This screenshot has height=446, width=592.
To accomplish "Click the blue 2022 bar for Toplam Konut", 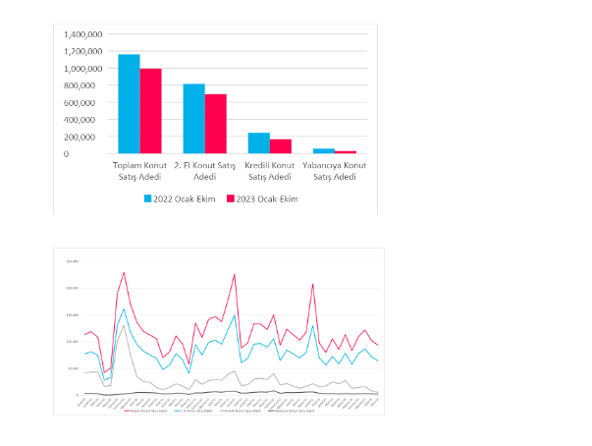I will (x=129, y=104).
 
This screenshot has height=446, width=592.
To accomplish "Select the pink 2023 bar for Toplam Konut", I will (x=150, y=111).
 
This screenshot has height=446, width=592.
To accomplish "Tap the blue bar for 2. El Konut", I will (x=193, y=119).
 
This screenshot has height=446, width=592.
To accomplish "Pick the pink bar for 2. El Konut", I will (x=215, y=124).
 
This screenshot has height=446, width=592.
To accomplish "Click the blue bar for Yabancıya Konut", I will (x=323, y=151).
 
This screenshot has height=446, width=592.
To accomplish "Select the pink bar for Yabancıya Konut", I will (x=345, y=152).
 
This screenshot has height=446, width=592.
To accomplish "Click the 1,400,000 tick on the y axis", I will (x=81, y=35).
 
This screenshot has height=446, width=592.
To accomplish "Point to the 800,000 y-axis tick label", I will (x=84, y=86).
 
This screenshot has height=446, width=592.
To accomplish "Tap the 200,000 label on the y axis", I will (x=84, y=137).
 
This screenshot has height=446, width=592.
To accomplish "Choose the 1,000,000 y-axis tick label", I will (x=81, y=70).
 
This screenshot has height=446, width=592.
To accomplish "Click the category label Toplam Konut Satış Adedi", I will (x=139, y=171).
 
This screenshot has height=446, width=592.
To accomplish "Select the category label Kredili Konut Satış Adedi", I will (x=269, y=171).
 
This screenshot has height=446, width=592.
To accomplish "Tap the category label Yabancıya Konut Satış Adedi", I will (x=334, y=171).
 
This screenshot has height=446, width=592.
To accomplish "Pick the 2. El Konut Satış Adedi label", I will (x=204, y=171).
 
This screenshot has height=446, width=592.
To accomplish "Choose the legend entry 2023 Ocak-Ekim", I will (x=262, y=198).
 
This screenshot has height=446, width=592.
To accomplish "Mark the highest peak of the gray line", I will (x=124, y=325).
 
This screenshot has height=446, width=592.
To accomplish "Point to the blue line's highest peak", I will (x=124, y=308).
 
